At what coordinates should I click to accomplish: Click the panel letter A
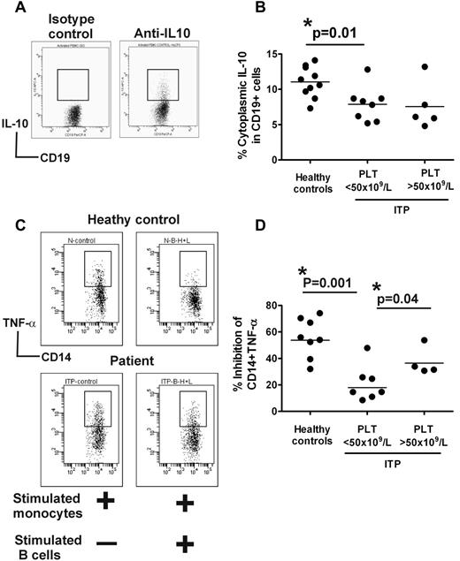click(10, 9)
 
